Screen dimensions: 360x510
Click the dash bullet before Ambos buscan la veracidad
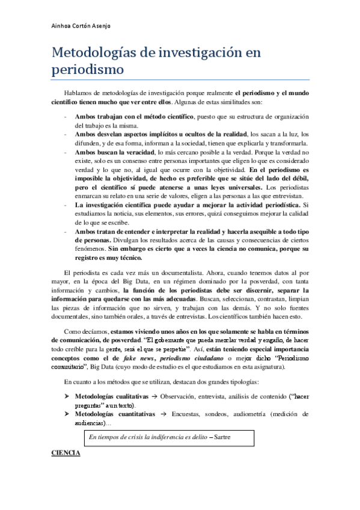pos(65,153)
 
